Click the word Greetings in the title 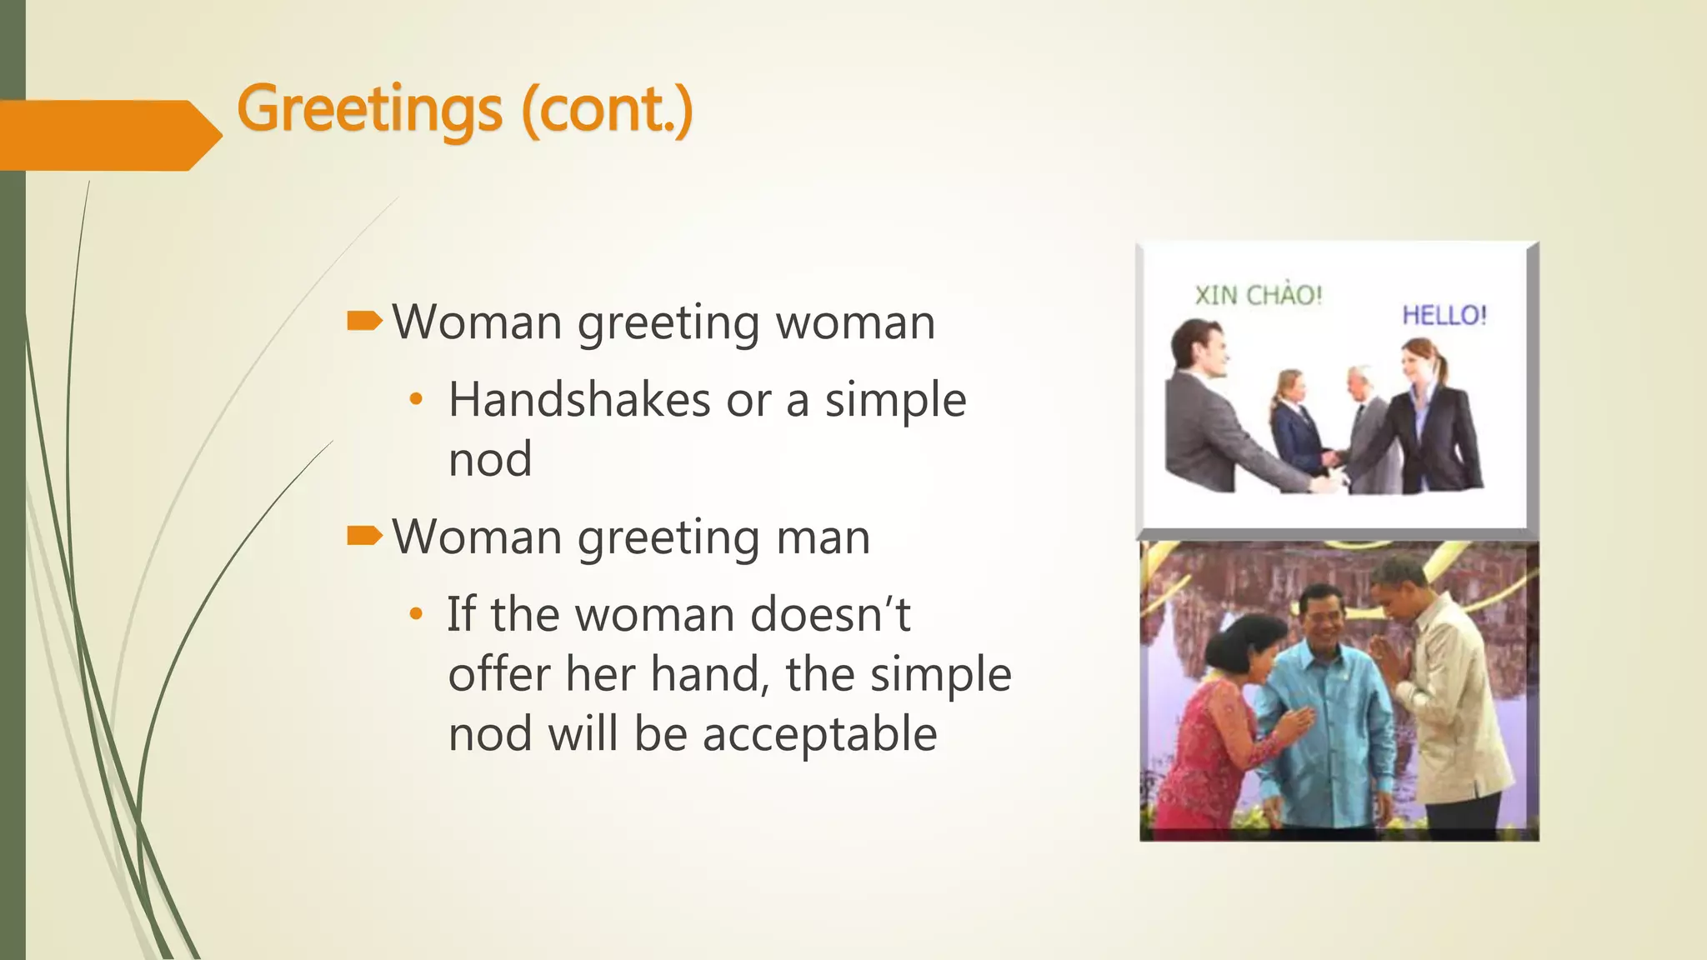(x=369, y=109)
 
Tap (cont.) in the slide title (x=607, y=109)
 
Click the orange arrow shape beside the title (x=108, y=135)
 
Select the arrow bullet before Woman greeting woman (x=364, y=321)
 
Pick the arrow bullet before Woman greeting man (x=364, y=536)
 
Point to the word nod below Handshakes (x=490, y=459)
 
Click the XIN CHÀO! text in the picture (x=1258, y=295)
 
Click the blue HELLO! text (x=1444, y=315)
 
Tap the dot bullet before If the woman (x=416, y=615)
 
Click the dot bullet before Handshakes (x=416, y=400)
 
